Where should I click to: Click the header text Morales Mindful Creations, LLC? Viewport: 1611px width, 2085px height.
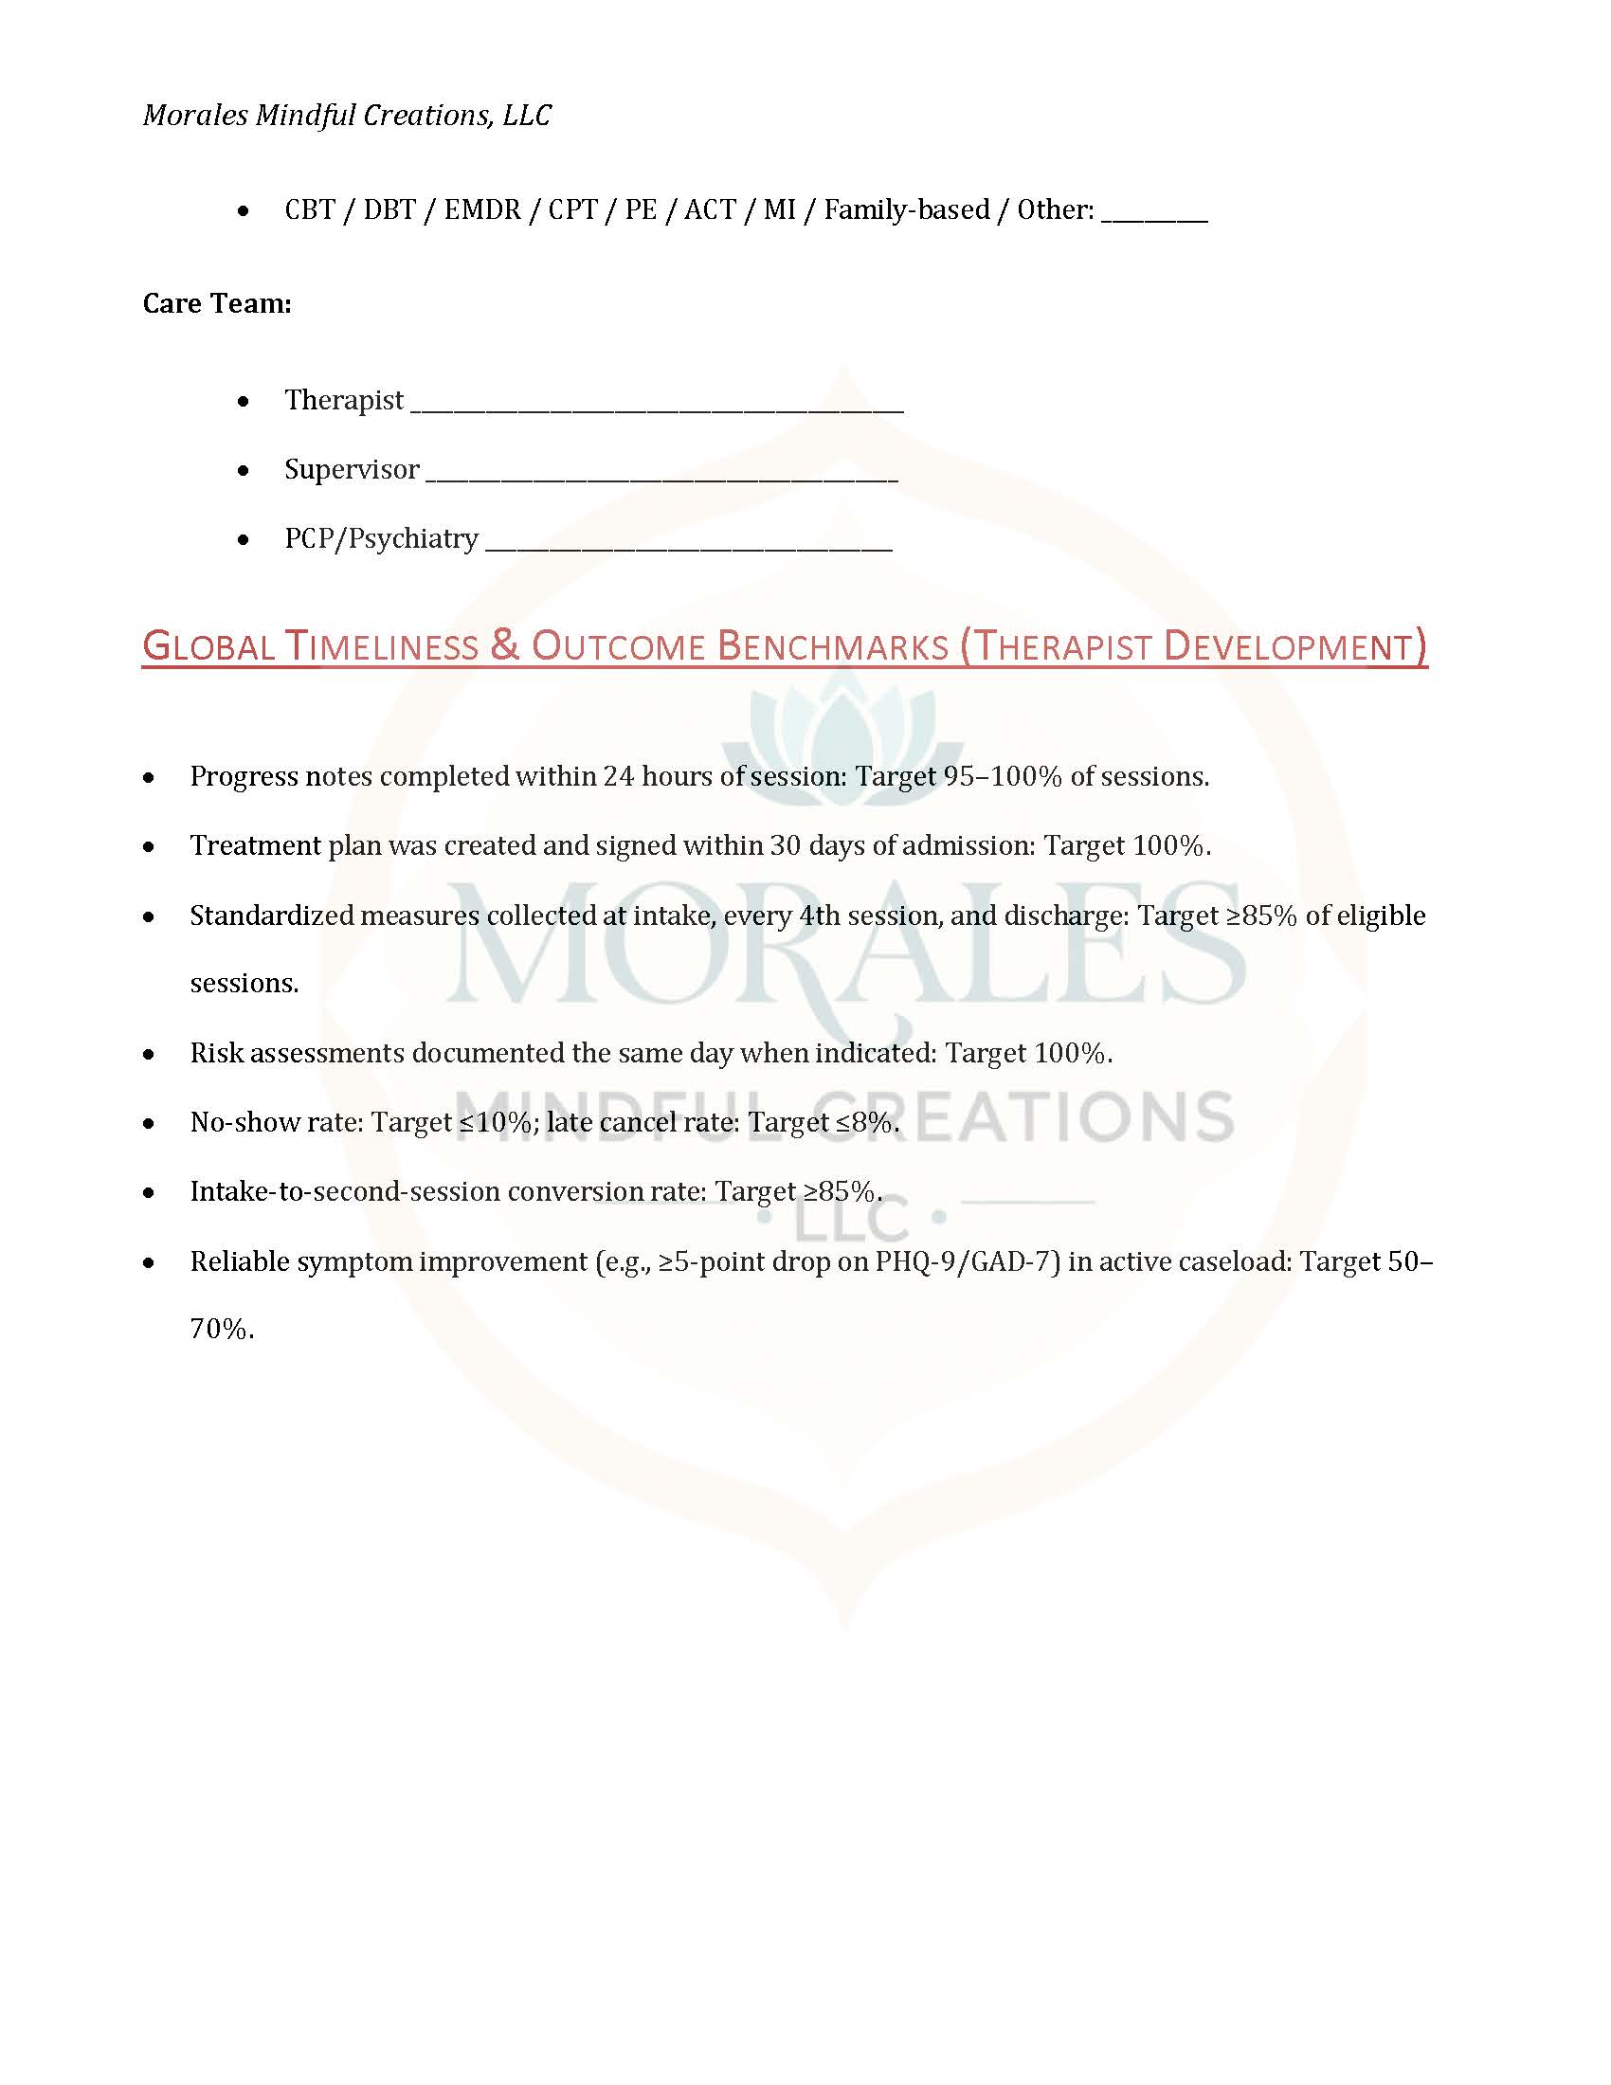pos(348,116)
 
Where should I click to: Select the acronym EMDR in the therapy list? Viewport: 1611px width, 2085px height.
pos(482,210)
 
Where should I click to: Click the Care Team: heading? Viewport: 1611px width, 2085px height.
pos(217,303)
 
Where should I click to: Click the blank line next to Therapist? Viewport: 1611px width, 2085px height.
pos(656,407)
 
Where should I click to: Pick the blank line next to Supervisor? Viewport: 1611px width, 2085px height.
pos(661,477)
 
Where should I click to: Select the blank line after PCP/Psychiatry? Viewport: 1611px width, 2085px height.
pos(688,546)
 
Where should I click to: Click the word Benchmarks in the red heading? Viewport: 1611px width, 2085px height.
pos(832,646)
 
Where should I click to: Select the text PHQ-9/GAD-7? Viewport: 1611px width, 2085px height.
pos(968,1261)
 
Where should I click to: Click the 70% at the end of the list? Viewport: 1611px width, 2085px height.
pos(221,1329)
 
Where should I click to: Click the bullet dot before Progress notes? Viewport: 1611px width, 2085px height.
pos(149,778)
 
